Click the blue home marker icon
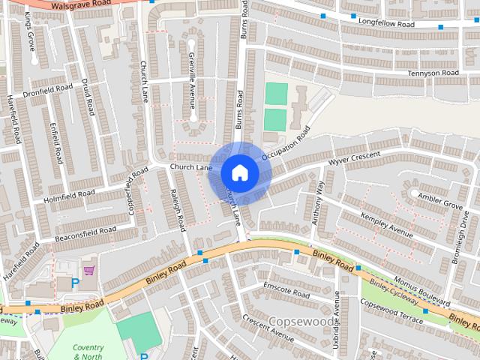(x=239, y=173)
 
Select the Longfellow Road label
(x=387, y=24)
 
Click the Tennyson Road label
(x=433, y=73)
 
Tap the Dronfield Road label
(x=47, y=91)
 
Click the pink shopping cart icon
(x=88, y=270)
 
